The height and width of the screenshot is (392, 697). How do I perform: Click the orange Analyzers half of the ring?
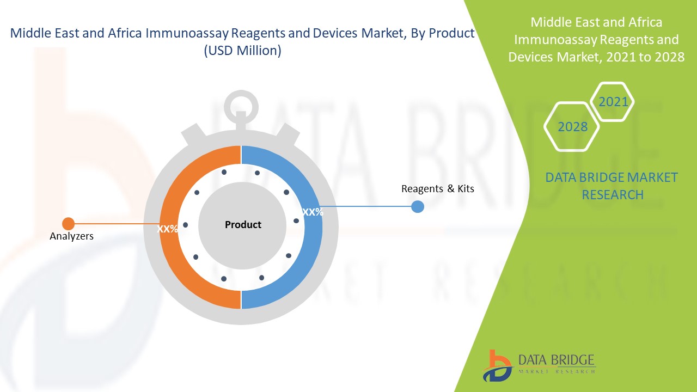point(173,261)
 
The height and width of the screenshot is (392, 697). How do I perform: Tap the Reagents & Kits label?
point(437,189)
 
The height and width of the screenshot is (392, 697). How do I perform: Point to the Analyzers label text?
point(71,236)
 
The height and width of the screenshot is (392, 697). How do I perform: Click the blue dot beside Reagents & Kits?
point(418,207)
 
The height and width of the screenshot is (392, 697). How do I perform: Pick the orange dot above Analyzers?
point(68,223)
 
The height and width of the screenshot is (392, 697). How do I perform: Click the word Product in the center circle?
point(243,224)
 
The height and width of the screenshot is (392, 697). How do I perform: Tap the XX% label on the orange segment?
point(168,229)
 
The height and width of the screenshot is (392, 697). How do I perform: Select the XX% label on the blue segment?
point(313,212)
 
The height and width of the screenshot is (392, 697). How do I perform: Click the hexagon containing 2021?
point(613,102)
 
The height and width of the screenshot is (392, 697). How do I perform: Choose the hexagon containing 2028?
point(572,127)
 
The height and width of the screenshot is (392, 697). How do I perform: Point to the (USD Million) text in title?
point(242,51)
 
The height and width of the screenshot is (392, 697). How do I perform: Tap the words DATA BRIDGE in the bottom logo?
point(556,360)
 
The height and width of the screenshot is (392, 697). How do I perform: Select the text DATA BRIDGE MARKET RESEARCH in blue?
point(612,186)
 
